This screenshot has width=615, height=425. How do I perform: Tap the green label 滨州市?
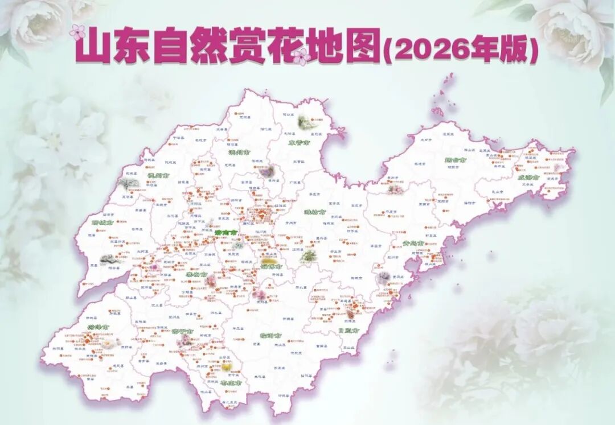click(x=239, y=152)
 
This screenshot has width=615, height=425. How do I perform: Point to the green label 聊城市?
click(x=102, y=222)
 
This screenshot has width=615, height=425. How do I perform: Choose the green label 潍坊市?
click(x=314, y=213)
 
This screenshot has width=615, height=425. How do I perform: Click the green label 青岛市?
click(x=413, y=244)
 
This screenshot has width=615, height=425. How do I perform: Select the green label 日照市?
click(x=348, y=330)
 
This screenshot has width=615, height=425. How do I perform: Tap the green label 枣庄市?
click(x=231, y=383)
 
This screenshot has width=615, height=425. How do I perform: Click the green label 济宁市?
click(x=182, y=332)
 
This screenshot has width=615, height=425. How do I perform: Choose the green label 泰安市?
click(x=196, y=274)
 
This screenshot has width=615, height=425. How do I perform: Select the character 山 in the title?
click(x=93, y=47)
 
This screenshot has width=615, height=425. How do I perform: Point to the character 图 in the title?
click(x=362, y=47)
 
